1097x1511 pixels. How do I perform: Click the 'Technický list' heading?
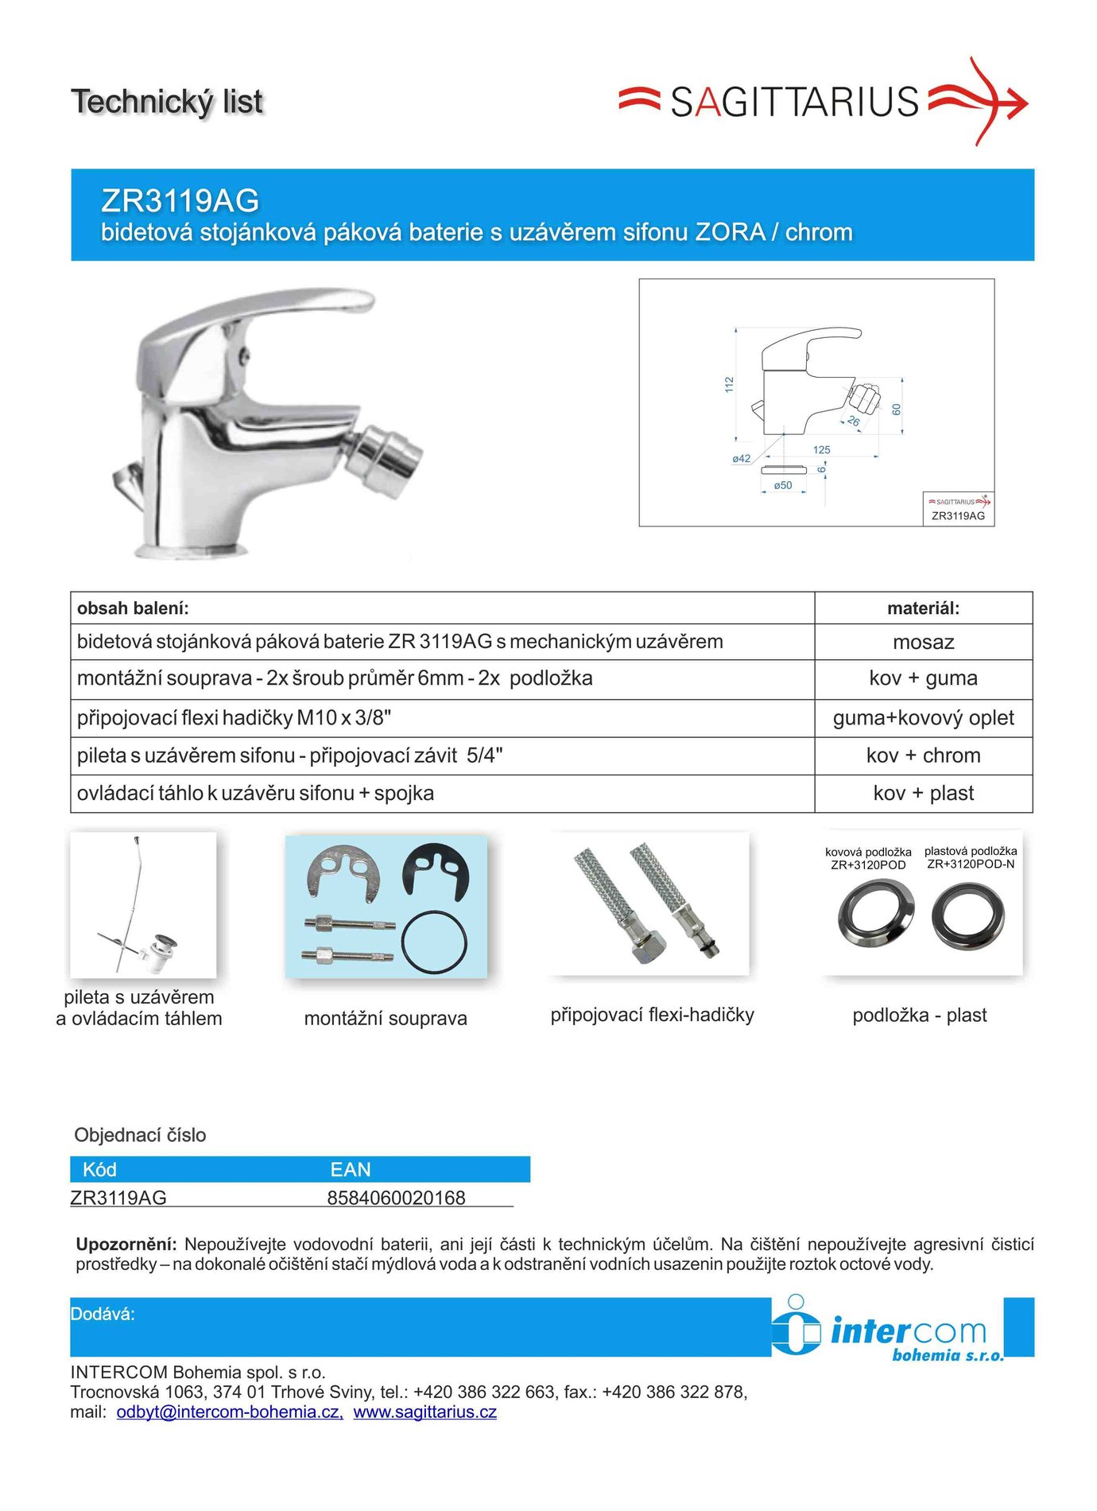(167, 102)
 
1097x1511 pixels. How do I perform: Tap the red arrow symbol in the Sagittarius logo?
(983, 101)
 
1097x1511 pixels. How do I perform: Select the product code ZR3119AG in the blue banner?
(180, 200)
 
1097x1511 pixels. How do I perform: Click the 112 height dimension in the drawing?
(729, 384)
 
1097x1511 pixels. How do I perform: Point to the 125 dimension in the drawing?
(821, 449)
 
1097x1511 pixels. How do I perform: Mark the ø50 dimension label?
(783, 485)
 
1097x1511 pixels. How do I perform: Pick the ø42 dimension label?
(741, 458)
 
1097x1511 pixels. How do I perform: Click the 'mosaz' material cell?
(923, 642)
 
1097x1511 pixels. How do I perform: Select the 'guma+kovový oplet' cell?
(923, 717)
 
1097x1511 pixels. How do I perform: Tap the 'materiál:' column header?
(923, 608)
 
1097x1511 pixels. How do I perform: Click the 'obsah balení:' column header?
(133, 608)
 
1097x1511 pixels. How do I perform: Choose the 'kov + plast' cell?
(923, 793)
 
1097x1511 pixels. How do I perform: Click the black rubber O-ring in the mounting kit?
(434, 942)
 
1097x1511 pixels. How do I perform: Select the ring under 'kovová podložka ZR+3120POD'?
(875, 918)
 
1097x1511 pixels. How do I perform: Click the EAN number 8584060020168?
(396, 1198)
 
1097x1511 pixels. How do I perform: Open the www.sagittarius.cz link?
(424, 1412)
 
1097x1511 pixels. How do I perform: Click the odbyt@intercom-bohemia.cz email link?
(230, 1412)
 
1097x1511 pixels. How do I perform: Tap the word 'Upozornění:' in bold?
(125, 1244)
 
